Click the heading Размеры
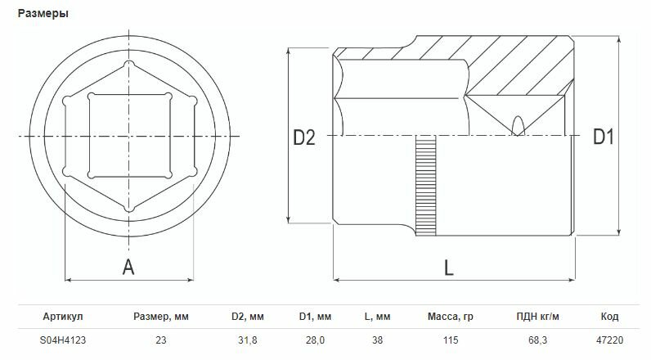click(x=43, y=14)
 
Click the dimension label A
click(x=128, y=267)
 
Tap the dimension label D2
click(x=304, y=137)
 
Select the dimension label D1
click(x=603, y=137)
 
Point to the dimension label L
click(x=448, y=268)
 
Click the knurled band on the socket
click(x=425, y=186)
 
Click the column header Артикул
click(x=63, y=317)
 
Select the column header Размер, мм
click(x=160, y=317)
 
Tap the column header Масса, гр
click(x=450, y=317)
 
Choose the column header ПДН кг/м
click(x=537, y=317)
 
